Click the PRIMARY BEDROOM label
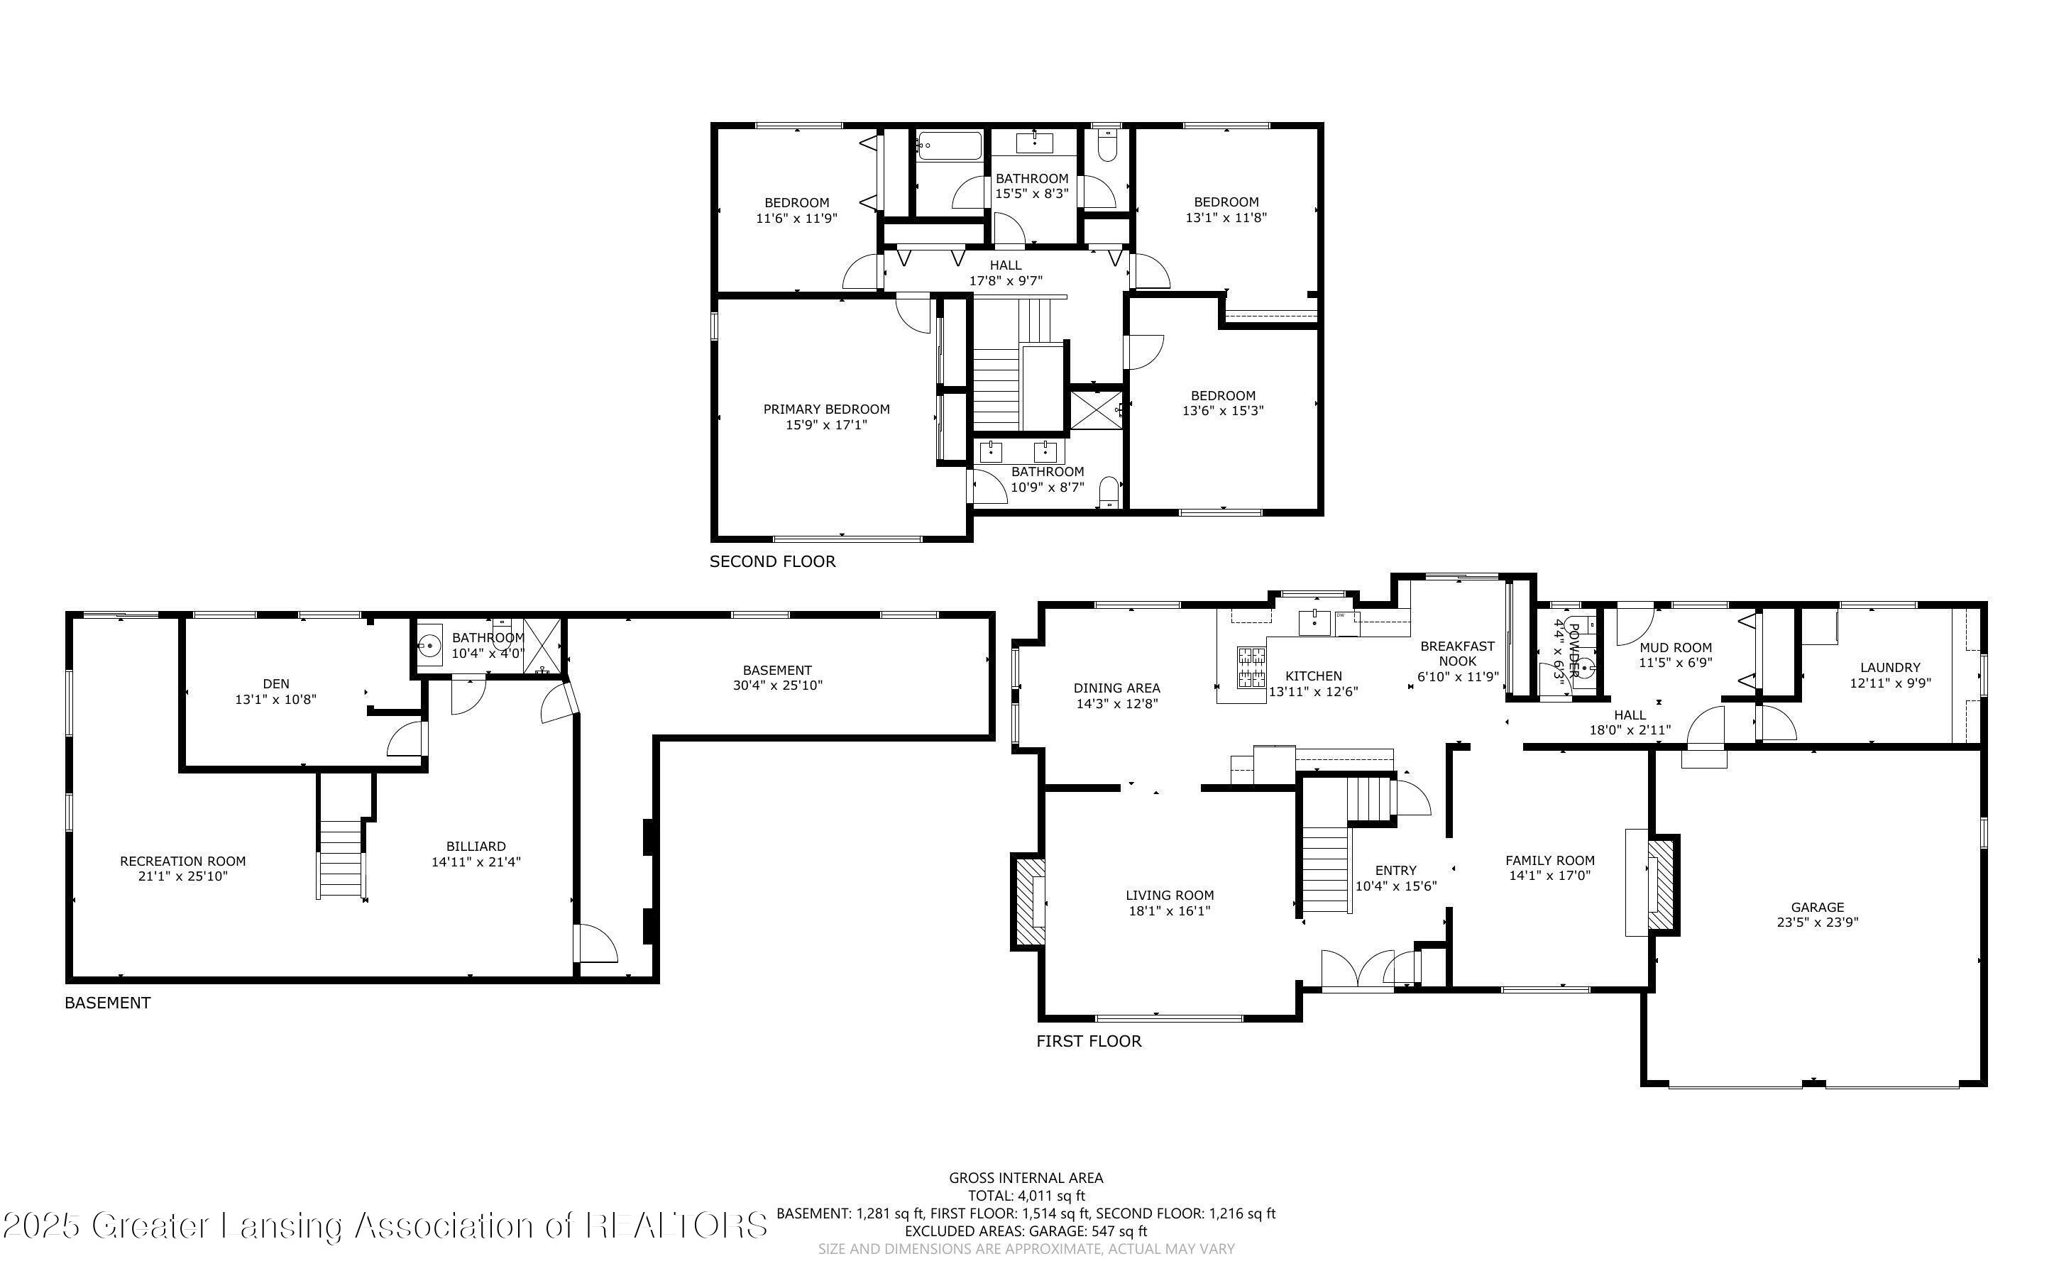click(826, 409)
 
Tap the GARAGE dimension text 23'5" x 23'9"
click(1817, 923)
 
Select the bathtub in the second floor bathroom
click(948, 146)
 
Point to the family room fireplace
click(1662, 886)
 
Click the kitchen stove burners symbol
click(1251, 666)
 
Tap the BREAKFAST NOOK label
click(1458, 654)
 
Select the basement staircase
click(342, 857)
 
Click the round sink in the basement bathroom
click(430, 646)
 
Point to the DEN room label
click(275, 683)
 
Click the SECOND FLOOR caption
click(772, 562)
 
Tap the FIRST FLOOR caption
click(1089, 1041)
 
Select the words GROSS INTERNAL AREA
click(1026, 1178)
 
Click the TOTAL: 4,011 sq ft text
click(1026, 1196)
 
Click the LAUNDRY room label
click(1889, 667)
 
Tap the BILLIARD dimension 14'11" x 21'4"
click(476, 862)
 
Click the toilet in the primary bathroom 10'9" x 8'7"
click(1108, 492)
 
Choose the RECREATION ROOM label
click(182, 861)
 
